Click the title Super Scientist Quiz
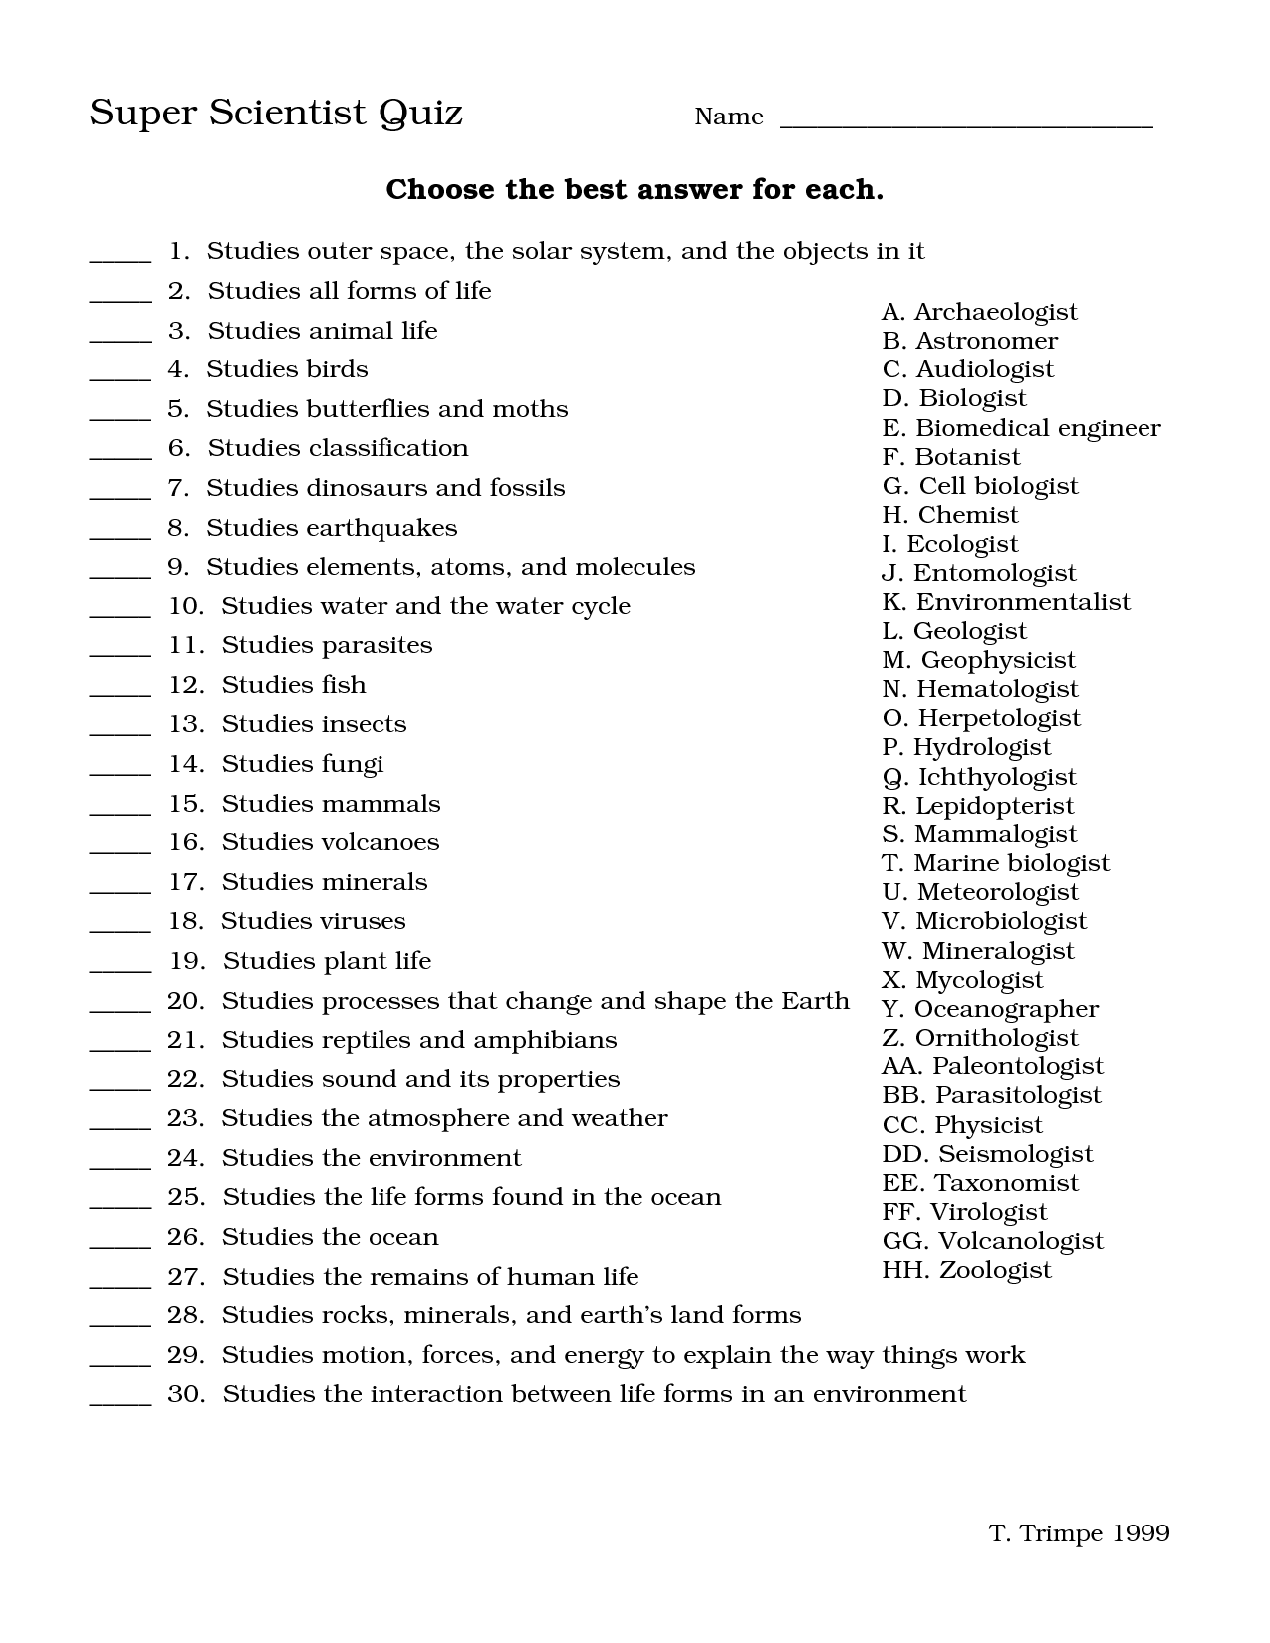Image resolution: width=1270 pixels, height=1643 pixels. [276, 113]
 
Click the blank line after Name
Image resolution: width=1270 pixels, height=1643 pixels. [965, 121]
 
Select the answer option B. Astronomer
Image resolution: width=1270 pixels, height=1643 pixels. [969, 341]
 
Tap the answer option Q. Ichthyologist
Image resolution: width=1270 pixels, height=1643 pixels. [979, 777]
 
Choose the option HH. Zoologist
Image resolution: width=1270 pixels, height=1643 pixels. [966, 1270]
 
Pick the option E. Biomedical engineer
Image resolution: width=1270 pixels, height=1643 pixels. [1021, 428]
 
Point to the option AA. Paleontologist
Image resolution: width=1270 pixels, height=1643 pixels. [992, 1066]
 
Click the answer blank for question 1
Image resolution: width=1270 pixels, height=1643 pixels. [121, 257]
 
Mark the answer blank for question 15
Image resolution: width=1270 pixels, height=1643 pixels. [121, 810]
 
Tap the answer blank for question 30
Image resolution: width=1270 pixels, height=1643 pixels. [121, 1400]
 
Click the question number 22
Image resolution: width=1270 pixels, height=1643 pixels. [185, 1079]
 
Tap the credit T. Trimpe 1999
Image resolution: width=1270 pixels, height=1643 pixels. [1079, 1532]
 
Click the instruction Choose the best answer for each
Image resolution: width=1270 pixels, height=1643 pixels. [635, 189]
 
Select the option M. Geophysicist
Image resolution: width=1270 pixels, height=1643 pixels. [978, 660]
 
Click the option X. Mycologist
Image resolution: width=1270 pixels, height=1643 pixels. [962, 980]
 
